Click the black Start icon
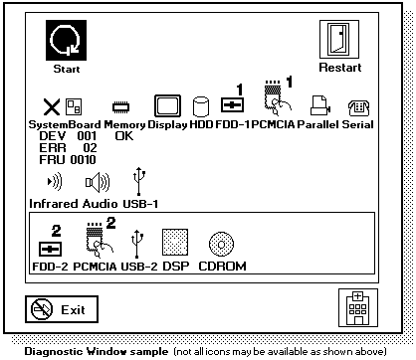(x=66, y=40)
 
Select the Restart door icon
(x=339, y=39)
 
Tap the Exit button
(x=62, y=309)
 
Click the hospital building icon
(x=358, y=308)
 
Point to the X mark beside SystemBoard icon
(x=52, y=106)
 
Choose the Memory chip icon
(x=121, y=107)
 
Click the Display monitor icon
(x=167, y=105)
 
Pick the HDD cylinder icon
(x=201, y=106)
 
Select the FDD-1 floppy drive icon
(x=232, y=105)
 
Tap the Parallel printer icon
(x=320, y=105)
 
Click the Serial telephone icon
(x=358, y=108)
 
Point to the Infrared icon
(x=55, y=181)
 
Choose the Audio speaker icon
(x=98, y=182)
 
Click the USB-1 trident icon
(x=139, y=181)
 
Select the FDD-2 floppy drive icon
(x=50, y=250)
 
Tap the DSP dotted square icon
(x=175, y=242)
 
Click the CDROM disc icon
(x=221, y=245)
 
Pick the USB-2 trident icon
(x=137, y=245)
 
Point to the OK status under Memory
(x=124, y=136)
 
